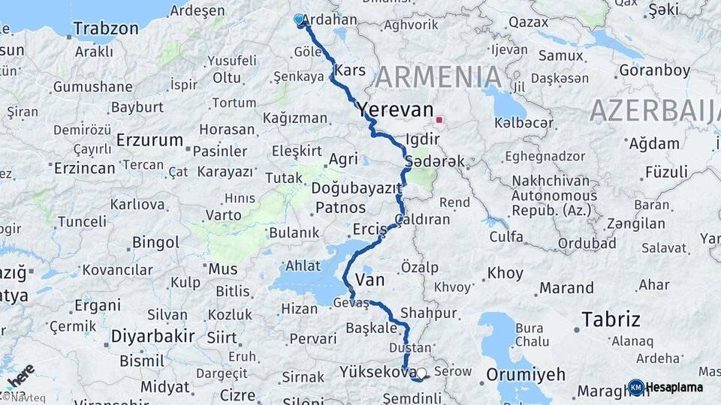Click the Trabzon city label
[x=105, y=29]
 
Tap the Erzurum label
[x=149, y=140]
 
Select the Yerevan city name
[x=395, y=109]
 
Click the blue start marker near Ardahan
[x=300, y=20]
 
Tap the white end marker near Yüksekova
[x=421, y=373]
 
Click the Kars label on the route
[x=350, y=70]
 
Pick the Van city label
[x=369, y=280]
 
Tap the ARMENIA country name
[x=439, y=76]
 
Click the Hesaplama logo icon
[x=635, y=387]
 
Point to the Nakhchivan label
[x=554, y=181]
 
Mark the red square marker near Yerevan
[x=439, y=118]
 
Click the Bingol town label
[x=155, y=242]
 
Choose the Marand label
[x=566, y=287]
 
